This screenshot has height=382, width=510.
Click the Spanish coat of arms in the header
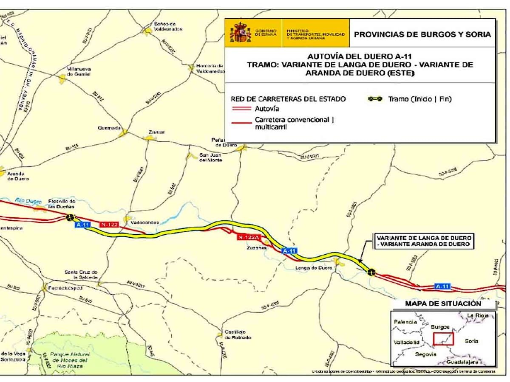[x=240, y=32]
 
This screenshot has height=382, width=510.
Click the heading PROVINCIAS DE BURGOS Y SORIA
[x=422, y=34]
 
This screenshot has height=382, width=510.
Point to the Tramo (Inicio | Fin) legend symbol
[x=375, y=99]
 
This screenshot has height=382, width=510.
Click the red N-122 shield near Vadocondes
[x=110, y=224]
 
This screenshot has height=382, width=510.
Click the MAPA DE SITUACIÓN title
[x=443, y=303]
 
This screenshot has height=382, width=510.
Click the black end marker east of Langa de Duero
[x=371, y=272]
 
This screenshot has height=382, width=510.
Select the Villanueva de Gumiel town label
[x=79, y=72]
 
